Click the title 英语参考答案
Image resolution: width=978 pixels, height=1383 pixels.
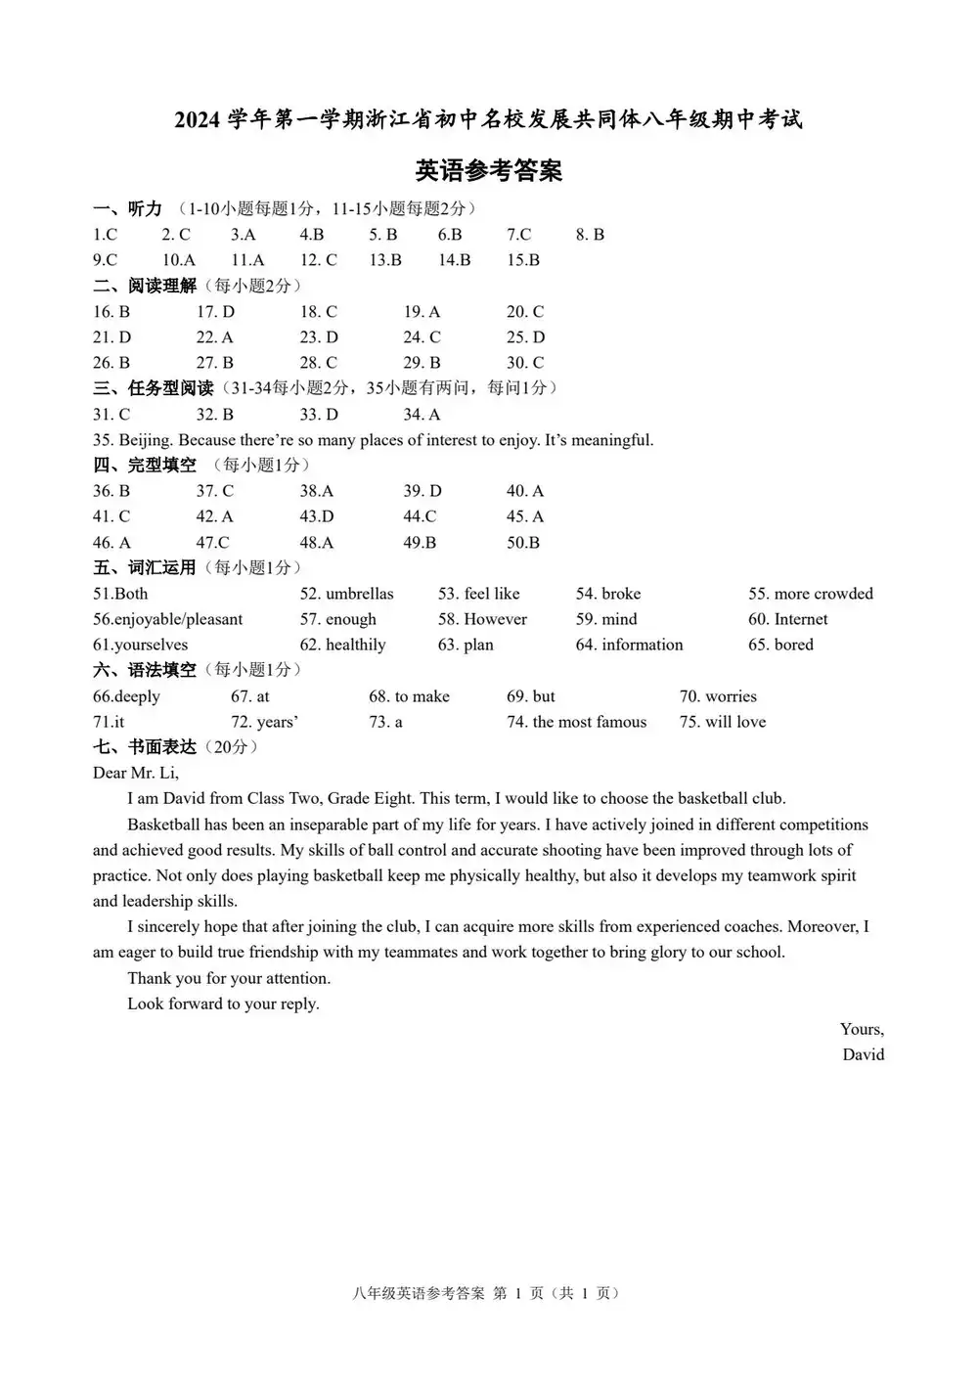point(488,171)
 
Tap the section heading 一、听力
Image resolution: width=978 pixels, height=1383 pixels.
point(127,208)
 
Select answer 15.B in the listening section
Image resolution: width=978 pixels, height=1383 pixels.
point(523,260)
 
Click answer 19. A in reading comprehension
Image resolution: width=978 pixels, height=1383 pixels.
point(422,312)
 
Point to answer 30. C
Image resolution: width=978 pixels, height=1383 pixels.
point(525,363)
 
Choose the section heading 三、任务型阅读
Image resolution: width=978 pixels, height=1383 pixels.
point(154,388)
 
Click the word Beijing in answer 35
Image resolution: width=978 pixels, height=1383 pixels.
point(145,440)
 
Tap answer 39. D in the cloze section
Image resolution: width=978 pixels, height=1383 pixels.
point(422,491)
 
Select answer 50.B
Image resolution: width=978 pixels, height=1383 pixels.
point(523,543)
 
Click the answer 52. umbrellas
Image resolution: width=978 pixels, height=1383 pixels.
point(346,594)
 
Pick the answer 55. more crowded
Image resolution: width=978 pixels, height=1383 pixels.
point(810,594)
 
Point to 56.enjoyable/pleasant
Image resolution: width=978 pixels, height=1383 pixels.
point(167,619)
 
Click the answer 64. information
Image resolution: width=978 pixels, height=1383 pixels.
point(629,645)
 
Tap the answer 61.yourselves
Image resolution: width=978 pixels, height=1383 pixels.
point(140,645)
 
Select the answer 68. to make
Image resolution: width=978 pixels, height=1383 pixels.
point(409,696)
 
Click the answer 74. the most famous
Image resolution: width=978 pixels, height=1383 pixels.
point(576,722)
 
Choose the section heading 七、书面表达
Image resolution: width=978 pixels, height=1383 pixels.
point(145,747)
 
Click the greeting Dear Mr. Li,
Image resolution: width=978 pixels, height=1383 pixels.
point(136,773)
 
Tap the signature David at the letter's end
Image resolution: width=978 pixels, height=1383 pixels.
point(863,1054)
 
